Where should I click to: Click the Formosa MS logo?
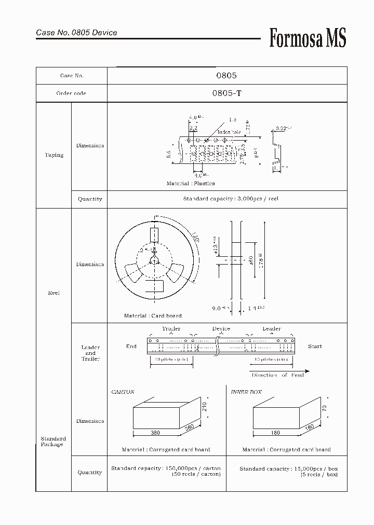(308, 38)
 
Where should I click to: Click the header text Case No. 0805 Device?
(76, 33)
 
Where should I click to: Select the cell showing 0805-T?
(226, 93)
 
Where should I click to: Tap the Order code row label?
(71, 93)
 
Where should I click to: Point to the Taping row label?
(54, 155)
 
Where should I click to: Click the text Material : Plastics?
(190, 184)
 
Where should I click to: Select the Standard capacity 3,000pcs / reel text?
(231, 199)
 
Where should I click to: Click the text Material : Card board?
(153, 315)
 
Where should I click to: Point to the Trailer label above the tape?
(171, 329)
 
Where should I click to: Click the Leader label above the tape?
(271, 329)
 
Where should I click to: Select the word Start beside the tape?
(315, 347)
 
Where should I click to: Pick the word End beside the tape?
(131, 347)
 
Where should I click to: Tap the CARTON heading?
(123, 392)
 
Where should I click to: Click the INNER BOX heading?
(246, 392)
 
